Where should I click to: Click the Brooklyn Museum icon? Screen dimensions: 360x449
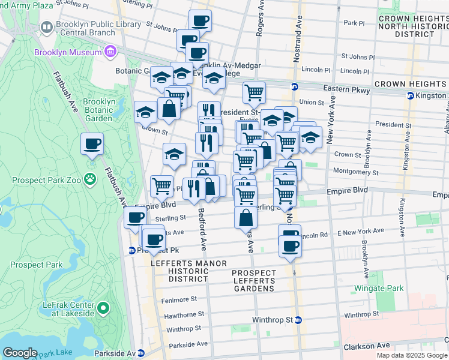(110, 53)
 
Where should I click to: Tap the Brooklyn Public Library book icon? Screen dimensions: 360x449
(46, 28)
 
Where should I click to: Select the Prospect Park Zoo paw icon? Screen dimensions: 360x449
(90, 178)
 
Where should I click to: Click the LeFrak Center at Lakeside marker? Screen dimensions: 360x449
(103, 309)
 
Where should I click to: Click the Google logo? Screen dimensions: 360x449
(20, 352)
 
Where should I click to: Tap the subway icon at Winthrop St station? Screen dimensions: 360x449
(298, 320)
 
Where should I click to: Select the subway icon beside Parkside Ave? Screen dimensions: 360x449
(141, 353)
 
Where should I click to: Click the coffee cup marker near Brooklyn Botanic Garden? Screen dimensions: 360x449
(92, 144)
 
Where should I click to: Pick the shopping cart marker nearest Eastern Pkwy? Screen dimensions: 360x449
(255, 92)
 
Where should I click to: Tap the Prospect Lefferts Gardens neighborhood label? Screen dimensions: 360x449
(254, 281)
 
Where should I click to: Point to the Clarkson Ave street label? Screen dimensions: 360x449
(367, 346)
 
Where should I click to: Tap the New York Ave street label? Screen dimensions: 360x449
(331, 127)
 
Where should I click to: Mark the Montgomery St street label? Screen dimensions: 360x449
(357, 172)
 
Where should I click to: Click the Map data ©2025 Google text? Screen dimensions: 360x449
(411, 355)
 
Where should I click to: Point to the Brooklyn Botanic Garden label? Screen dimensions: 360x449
(99, 110)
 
